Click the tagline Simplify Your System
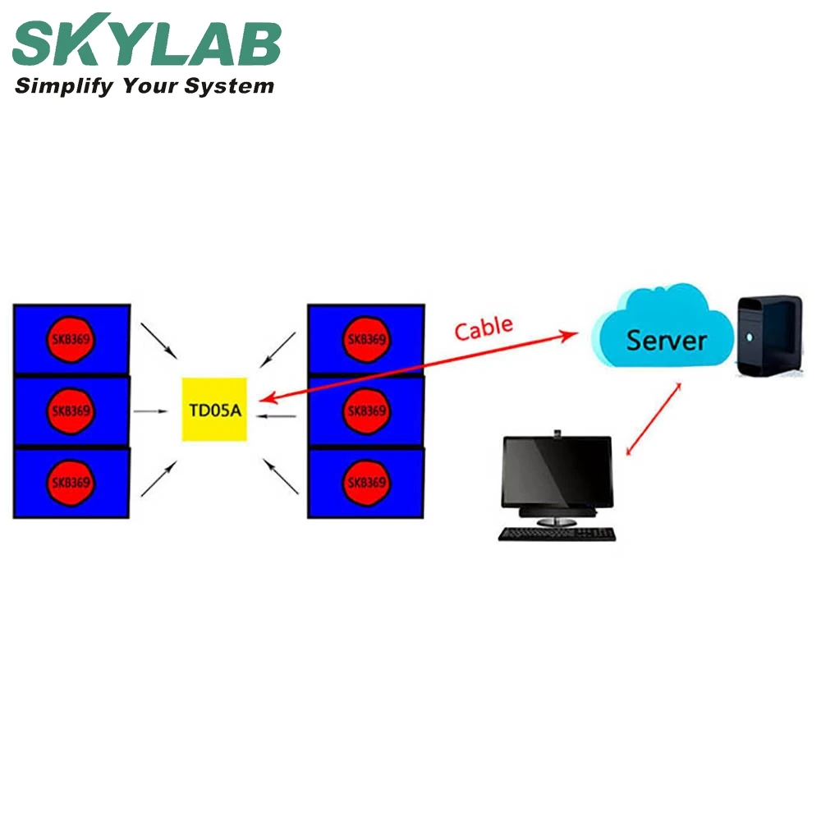pyautogui.click(x=144, y=86)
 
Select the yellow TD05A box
pyautogui.click(x=214, y=409)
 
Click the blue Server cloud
pyautogui.click(x=665, y=337)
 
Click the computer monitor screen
pyautogui.click(x=557, y=472)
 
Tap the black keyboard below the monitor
pyautogui.click(x=557, y=533)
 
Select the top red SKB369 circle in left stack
pyautogui.click(x=71, y=339)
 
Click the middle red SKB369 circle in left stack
pyautogui.click(x=71, y=410)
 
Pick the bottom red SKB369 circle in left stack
pyautogui.click(x=71, y=482)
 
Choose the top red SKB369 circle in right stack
pyautogui.click(x=366, y=339)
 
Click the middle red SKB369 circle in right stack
pyautogui.click(x=366, y=410)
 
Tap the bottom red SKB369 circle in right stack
pyautogui.click(x=366, y=482)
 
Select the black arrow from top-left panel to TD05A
pyautogui.click(x=158, y=339)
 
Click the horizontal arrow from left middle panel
pyautogui.click(x=152, y=410)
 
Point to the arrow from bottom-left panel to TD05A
pyautogui.click(x=158, y=479)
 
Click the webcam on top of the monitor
pyautogui.click(x=557, y=432)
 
